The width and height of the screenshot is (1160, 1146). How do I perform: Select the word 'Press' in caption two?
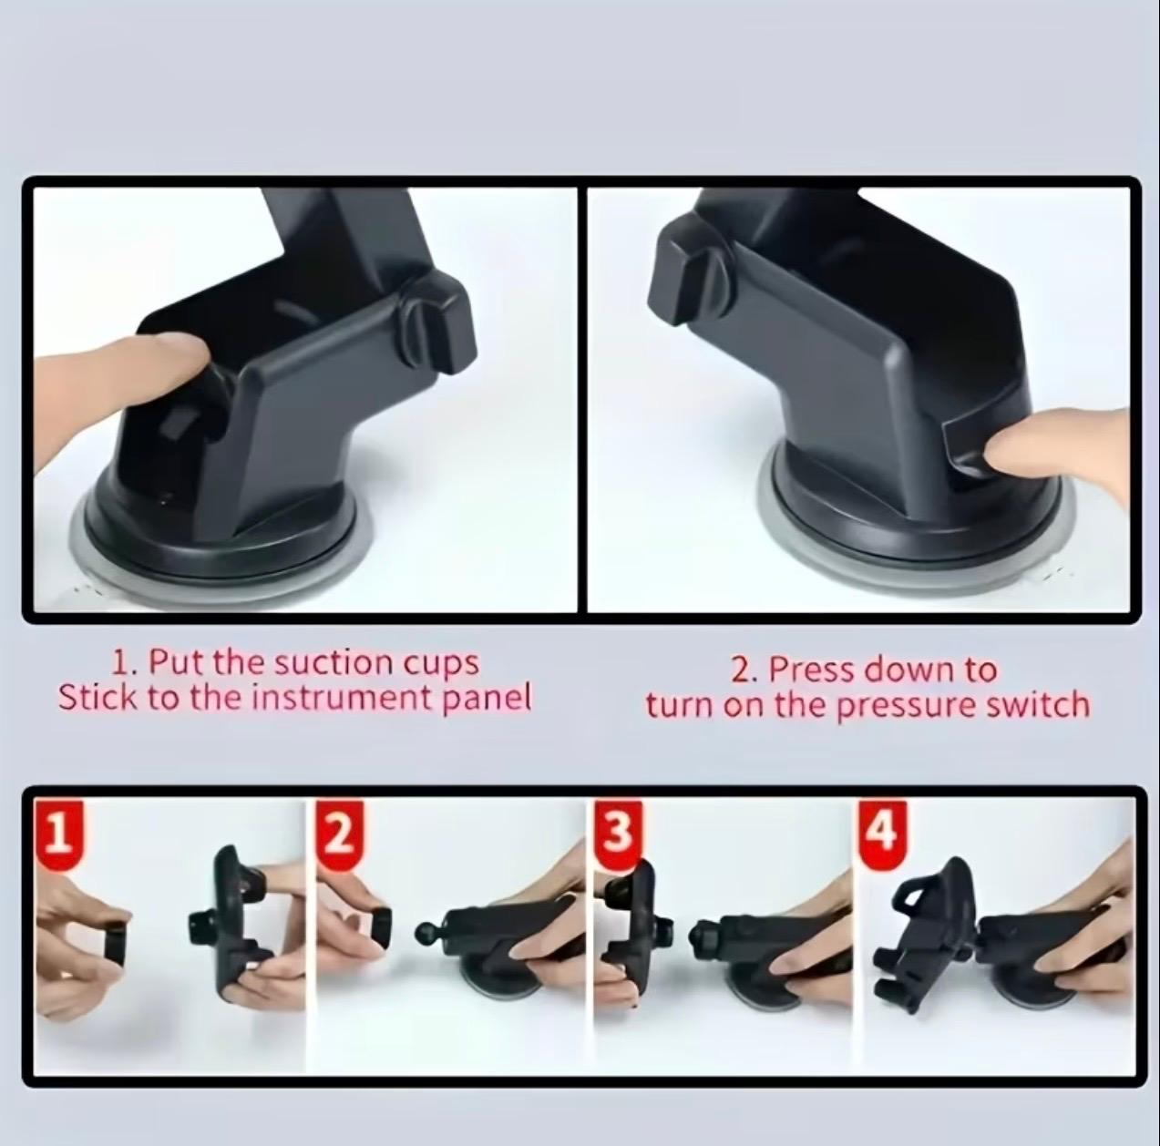pyautogui.click(x=813, y=670)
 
